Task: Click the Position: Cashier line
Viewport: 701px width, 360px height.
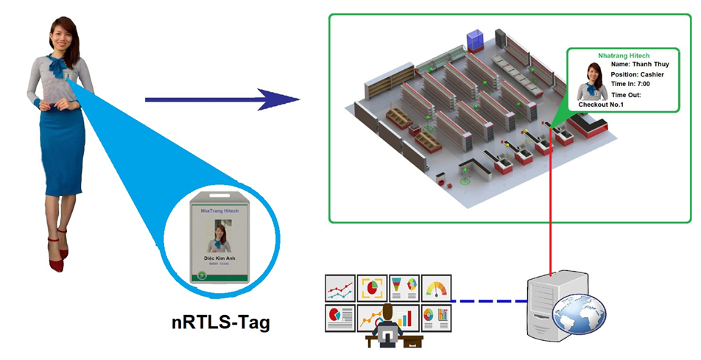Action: pos(638,74)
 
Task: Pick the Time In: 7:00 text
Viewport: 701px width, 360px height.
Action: pos(630,84)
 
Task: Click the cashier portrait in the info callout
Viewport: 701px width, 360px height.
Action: pos(592,80)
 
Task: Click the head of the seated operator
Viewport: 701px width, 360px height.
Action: pos(387,308)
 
